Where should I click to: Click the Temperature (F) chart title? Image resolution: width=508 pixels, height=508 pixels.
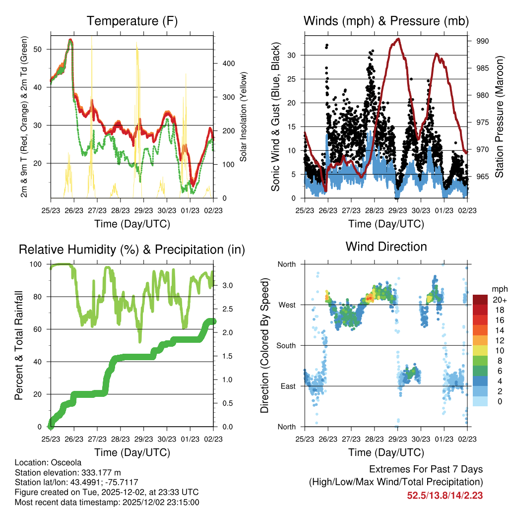pyautogui.click(x=132, y=21)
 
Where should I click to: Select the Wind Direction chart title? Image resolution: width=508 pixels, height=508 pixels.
pyautogui.click(x=386, y=246)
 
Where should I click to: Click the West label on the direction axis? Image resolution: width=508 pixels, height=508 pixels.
pyautogui.click(x=287, y=305)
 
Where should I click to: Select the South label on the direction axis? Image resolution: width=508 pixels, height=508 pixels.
pyautogui.click(x=286, y=345)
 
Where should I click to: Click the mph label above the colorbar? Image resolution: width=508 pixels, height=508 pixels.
pyautogui.click(x=499, y=289)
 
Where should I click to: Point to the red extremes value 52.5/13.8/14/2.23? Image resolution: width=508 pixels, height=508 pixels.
pyautogui.click(x=445, y=495)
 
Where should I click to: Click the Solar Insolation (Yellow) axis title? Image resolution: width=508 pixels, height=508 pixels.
pyautogui.click(x=244, y=117)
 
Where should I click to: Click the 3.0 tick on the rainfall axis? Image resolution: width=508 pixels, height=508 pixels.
pyautogui.click(x=227, y=285)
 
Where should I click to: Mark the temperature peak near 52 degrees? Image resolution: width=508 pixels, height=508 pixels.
pyautogui.click(x=70, y=40)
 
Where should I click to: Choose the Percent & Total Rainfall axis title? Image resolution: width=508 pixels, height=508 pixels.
pyautogui.click(x=19, y=345)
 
